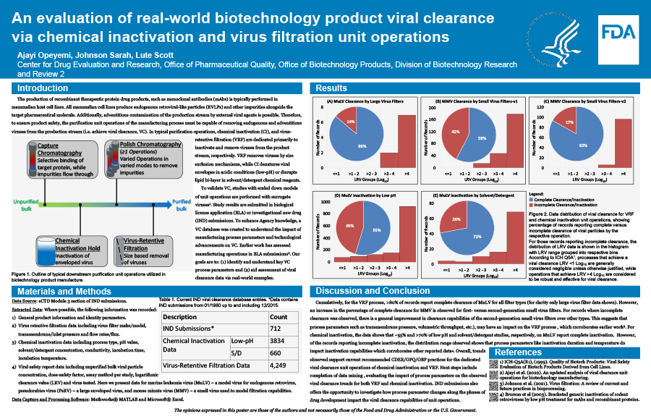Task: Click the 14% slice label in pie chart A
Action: click(x=350, y=122)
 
